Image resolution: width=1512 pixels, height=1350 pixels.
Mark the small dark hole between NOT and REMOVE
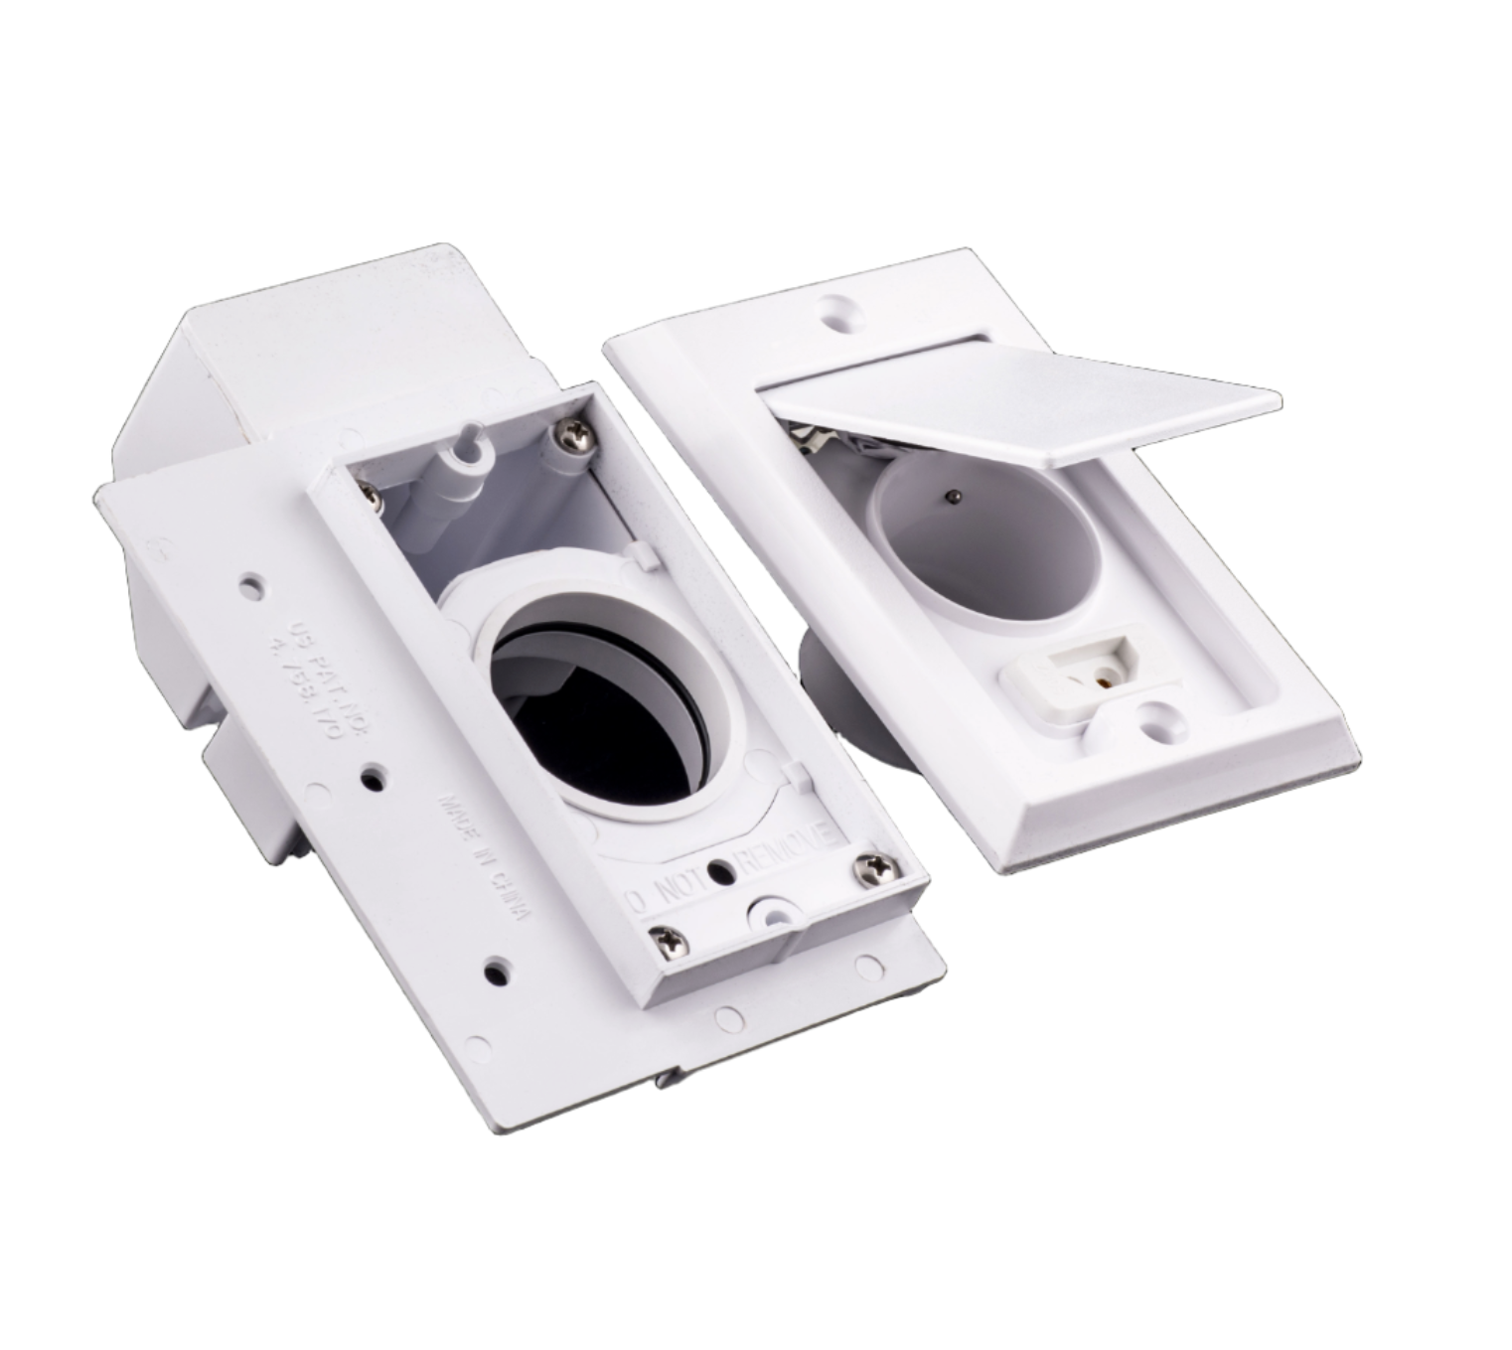[x=730, y=871]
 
